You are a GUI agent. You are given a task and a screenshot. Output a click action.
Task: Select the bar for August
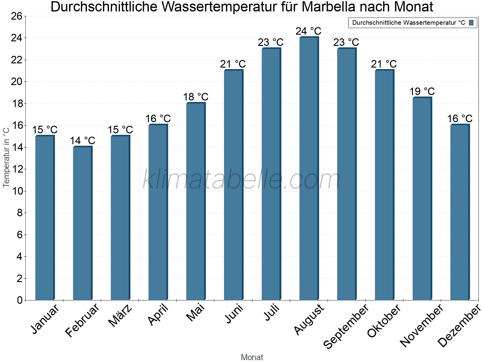pos(309,169)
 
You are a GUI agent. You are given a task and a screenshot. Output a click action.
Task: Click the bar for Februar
pos(82,223)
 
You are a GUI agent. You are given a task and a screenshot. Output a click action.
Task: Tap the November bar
pos(422,199)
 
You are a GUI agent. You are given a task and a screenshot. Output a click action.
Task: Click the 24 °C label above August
pos(308,31)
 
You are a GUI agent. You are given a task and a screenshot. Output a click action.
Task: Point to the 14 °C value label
pos(82,141)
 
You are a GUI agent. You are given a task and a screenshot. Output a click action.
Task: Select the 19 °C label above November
pos(422,91)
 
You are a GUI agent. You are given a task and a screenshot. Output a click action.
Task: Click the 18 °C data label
pos(196,97)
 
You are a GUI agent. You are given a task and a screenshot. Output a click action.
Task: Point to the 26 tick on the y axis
pos(17,16)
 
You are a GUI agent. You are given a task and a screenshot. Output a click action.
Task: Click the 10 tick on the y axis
pos(17,191)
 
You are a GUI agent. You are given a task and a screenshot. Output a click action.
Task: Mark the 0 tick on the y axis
pos(20,300)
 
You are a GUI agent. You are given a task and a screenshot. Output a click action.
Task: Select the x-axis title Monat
pos(252,357)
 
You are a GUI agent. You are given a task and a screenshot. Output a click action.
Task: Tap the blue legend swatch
pos(471,23)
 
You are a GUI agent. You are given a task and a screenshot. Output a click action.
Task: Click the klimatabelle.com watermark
pos(241,180)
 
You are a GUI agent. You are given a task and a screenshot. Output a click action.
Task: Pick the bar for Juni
pos(233,185)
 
